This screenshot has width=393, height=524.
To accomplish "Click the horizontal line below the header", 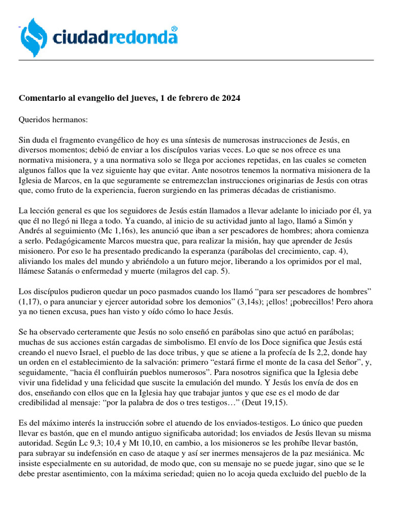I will (x=196, y=60).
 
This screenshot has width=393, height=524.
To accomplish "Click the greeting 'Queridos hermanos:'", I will (x=54, y=120).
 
